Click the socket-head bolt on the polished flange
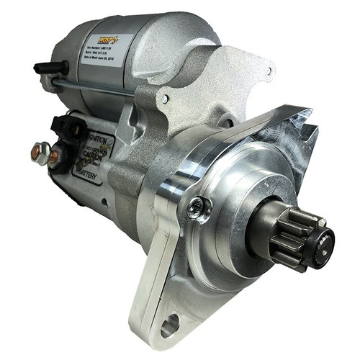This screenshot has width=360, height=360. [195, 210]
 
